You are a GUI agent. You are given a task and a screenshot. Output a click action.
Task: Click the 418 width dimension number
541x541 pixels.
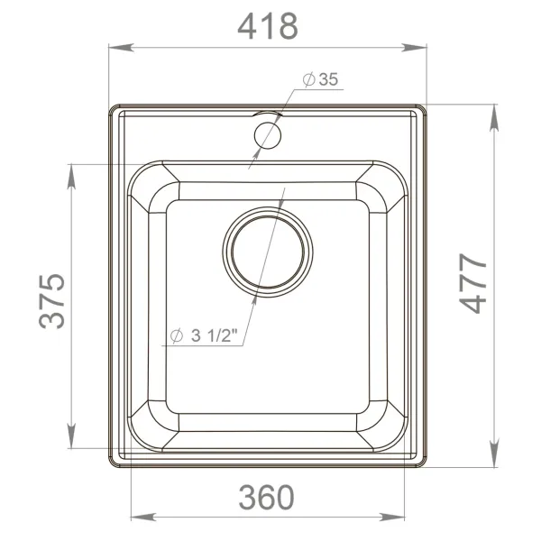point(267,27)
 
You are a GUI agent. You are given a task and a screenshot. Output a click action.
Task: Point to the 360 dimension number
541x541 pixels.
point(267,497)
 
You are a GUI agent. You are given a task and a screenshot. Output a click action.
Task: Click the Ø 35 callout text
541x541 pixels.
point(320,80)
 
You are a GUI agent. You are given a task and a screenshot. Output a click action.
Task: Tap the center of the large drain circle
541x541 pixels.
point(269,252)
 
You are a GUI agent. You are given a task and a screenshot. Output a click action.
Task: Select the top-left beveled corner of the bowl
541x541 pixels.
point(150,185)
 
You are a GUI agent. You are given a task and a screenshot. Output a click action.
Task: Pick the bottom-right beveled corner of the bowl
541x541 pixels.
point(386,427)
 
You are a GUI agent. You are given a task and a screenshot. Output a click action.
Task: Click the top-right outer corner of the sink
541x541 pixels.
point(425,107)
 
